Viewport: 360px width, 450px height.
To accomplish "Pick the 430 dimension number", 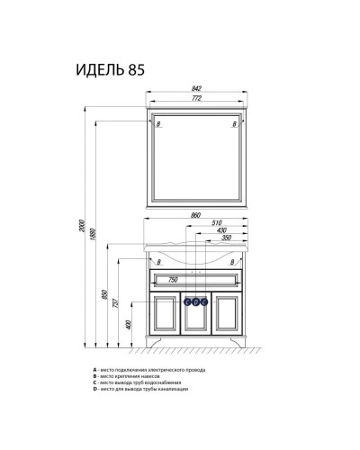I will pyautogui.click(x=221, y=229).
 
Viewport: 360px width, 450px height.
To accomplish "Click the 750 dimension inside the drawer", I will pyautogui.click(x=171, y=280).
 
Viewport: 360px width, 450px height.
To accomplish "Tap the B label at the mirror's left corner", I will pyautogui.click(x=158, y=122).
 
